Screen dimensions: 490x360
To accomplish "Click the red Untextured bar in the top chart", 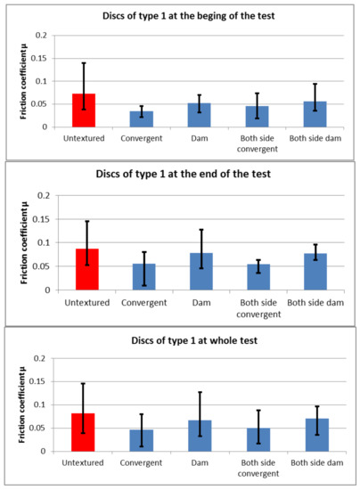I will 84,110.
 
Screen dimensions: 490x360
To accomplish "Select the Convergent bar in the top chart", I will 141,119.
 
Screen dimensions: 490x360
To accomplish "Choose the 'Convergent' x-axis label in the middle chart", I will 141,302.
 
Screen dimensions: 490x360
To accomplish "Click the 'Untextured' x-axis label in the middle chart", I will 84,302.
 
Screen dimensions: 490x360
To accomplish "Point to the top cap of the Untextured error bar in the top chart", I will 84,63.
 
